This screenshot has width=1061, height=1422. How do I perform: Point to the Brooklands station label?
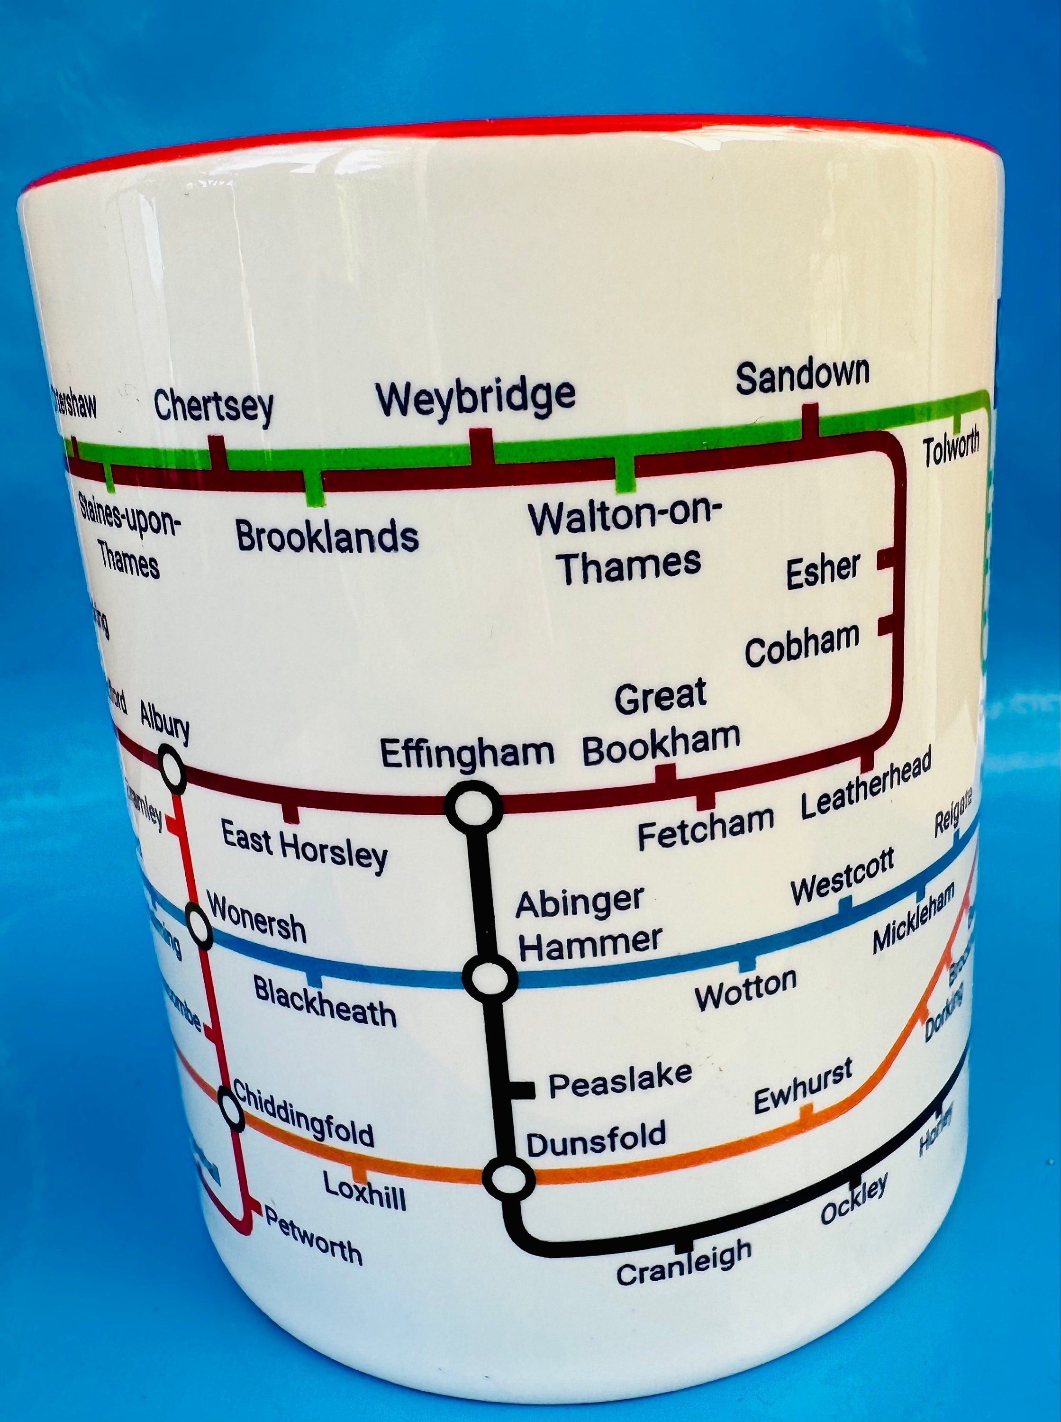tap(327, 536)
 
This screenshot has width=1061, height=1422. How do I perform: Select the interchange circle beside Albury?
tap(172, 769)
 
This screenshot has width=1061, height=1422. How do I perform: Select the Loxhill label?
tap(364, 1190)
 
